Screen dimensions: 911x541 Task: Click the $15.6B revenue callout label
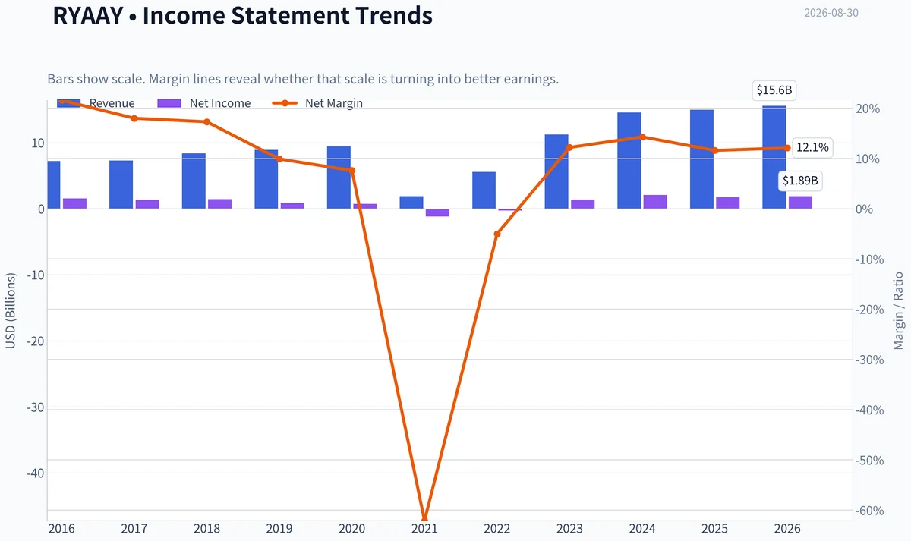pos(774,90)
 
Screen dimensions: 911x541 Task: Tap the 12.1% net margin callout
pos(812,147)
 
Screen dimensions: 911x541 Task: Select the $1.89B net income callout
pos(800,181)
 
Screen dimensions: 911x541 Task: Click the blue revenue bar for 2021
pos(411,203)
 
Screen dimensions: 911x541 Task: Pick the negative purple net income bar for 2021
pos(437,212)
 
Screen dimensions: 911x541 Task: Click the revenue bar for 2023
pos(556,171)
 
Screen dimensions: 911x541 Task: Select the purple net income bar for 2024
pos(655,202)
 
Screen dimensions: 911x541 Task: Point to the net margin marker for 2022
pos(497,234)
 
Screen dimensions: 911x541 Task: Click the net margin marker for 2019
pos(279,159)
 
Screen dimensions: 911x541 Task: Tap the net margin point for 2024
pos(642,137)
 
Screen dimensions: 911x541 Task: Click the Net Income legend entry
pos(203,103)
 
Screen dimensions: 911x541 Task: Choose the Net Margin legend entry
pos(317,103)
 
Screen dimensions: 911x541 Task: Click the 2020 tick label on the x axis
pos(351,528)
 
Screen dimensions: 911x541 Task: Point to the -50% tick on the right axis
pos(869,460)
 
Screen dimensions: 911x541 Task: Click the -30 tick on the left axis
pos(36,407)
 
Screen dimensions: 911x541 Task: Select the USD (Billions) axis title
pos(10,310)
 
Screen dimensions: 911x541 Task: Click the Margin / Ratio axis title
pos(898,310)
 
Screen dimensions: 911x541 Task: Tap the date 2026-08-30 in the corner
pos(831,13)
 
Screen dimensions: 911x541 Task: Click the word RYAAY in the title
pos(88,15)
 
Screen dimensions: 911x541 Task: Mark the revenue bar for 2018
pos(194,181)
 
